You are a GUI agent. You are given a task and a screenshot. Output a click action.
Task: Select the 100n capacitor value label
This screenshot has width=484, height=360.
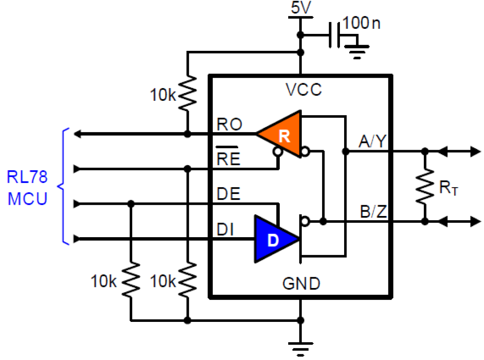(361, 23)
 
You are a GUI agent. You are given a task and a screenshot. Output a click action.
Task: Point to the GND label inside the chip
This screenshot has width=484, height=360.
(301, 284)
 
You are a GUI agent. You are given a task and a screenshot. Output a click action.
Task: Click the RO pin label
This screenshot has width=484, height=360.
(229, 124)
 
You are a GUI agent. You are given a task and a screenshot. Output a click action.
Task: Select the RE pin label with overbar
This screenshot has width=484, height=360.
(228, 158)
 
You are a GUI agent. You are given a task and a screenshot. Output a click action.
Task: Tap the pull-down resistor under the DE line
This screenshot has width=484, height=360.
(131, 279)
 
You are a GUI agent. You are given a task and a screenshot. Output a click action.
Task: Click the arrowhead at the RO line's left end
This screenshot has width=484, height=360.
(77, 134)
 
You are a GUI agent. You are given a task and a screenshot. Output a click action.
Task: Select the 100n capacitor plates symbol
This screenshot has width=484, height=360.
(334, 35)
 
